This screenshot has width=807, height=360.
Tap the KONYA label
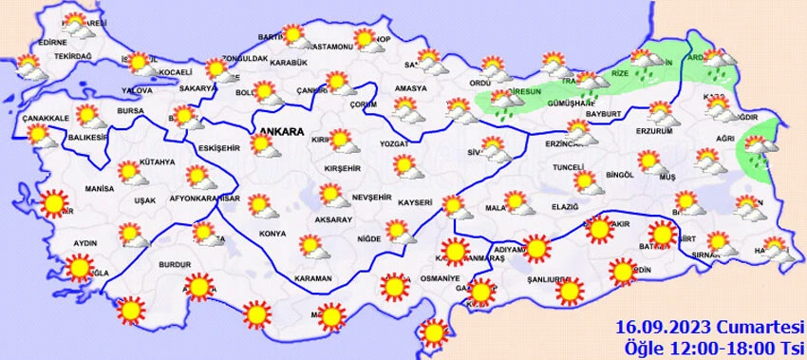coord(273,233)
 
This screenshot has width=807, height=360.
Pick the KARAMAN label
coord(312,278)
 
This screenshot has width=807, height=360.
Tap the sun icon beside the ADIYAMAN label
coord(537,250)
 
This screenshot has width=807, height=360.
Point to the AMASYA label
coord(411,87)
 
